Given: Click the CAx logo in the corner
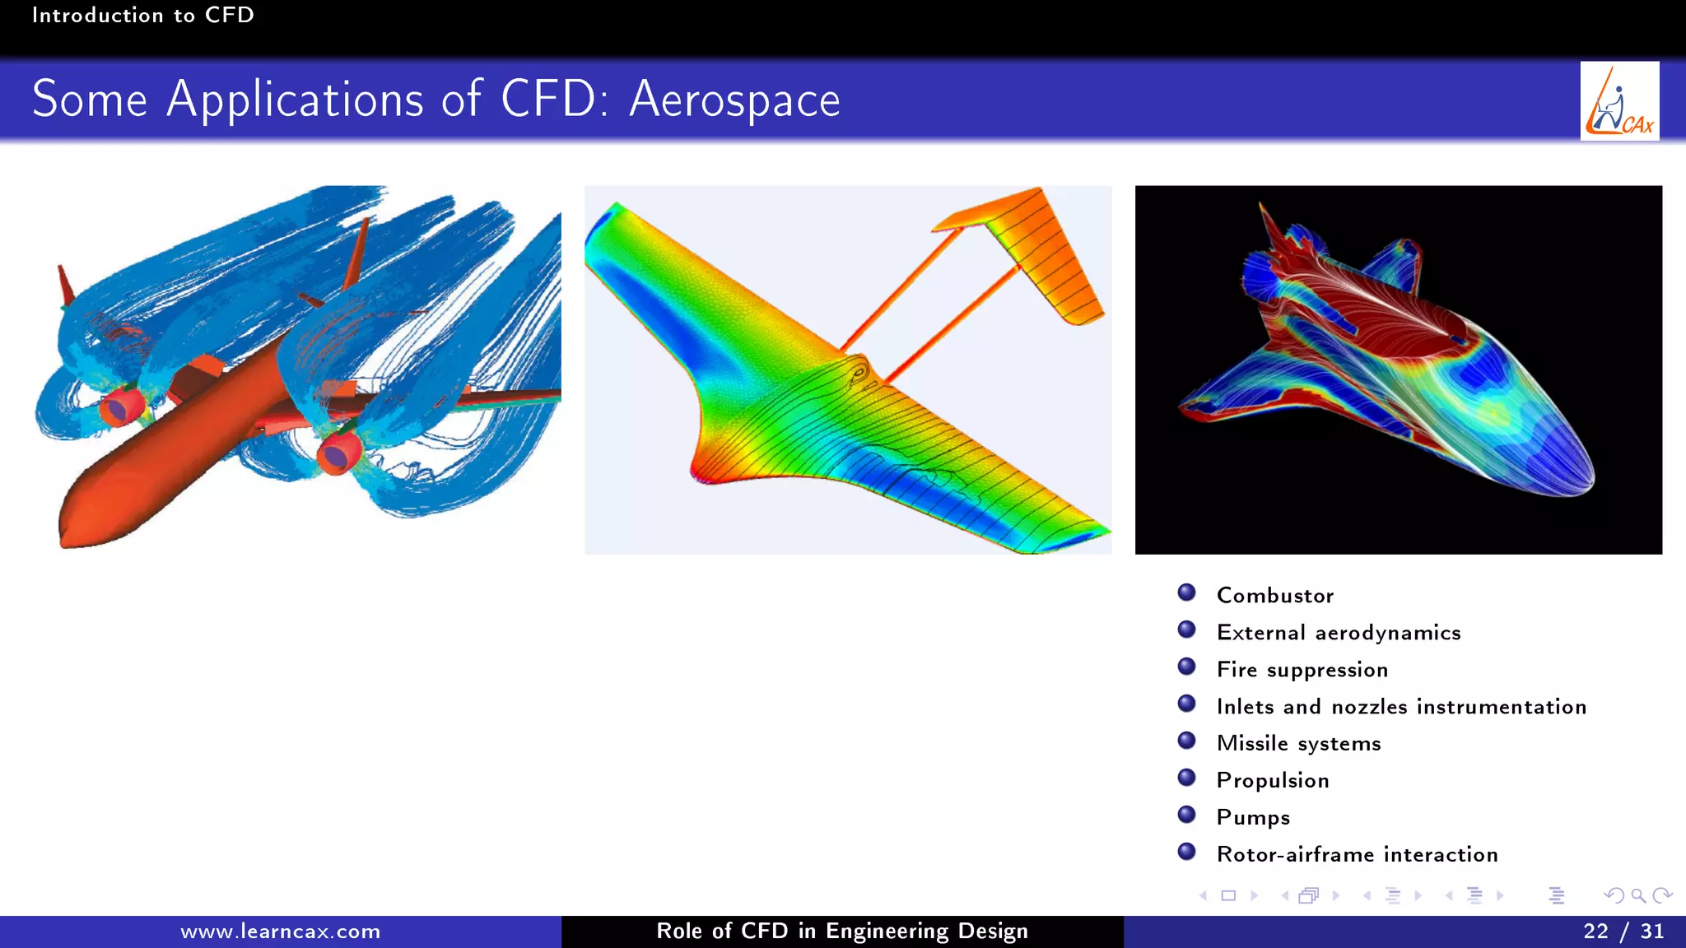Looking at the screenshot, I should pos(1619,101).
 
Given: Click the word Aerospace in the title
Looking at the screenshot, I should pos(734,100).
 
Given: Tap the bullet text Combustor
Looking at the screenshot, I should pos(1274,595).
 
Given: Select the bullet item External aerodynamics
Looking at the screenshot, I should pos(1339,632).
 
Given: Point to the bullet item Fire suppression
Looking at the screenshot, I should pos(1302,669).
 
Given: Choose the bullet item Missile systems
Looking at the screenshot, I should pos(1298,743).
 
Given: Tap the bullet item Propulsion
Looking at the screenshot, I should pos(1273,780).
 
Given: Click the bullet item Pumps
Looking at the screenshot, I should pos(1253,817).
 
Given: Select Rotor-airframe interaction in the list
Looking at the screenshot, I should pos(1357,854).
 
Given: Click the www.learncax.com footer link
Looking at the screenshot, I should pos(280,932).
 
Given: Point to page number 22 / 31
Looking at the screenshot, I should pos(1623,932).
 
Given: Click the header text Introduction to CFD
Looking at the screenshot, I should pos(142,15).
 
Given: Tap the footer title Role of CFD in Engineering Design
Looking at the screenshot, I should pos(841,932).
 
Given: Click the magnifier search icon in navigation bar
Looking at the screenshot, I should pos(1637,895).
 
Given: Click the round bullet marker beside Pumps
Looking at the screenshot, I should pos(1186,815).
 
